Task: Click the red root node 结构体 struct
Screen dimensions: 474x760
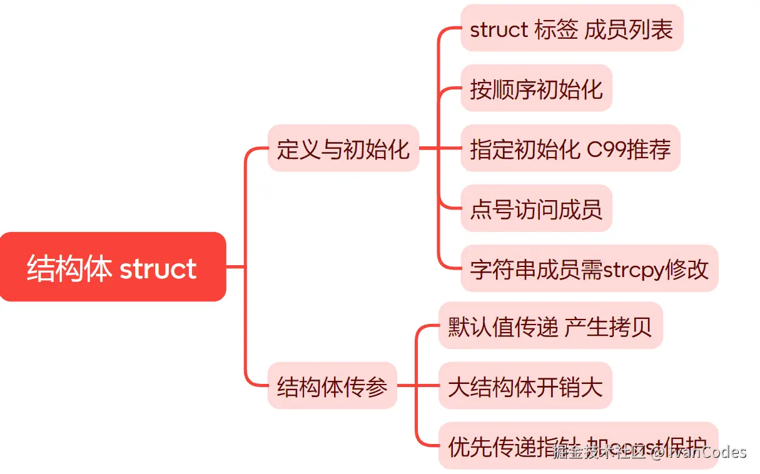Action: pos(113,267)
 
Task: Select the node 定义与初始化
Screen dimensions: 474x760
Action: pos(343,148)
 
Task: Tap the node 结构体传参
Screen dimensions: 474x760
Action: pos(332,386)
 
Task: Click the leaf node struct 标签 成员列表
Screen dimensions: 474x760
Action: pos(572,29)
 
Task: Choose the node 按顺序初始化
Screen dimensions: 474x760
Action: pos(536,88)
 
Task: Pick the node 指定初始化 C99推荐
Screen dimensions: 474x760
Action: pos(570,148)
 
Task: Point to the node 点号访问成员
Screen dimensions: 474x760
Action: pos(536,208)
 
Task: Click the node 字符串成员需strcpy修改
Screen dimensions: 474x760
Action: pos(589,268)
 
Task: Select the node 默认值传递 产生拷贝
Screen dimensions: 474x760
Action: pos(550,326)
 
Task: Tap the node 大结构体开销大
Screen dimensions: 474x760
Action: pos(525,386)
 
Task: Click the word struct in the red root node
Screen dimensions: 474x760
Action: pos(158,268)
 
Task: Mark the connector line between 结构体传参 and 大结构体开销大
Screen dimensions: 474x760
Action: pos(418,386)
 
